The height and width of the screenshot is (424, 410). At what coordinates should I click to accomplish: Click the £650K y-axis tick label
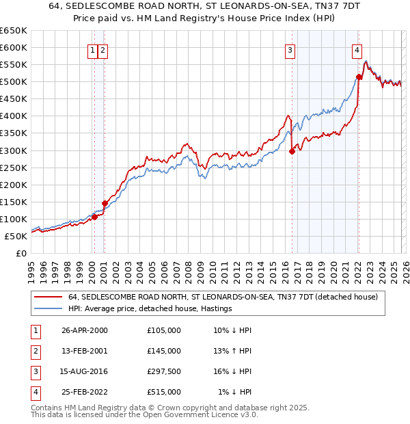[14, 31]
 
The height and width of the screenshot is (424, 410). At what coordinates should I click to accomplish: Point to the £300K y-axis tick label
[14, 150]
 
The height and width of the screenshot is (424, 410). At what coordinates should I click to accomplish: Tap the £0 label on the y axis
[20, 253]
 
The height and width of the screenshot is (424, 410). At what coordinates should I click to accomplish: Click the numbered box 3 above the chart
[290, 49]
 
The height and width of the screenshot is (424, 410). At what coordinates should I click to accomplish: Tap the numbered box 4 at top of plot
[357, 49]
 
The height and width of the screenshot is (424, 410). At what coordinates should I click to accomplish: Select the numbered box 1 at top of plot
[92, 49]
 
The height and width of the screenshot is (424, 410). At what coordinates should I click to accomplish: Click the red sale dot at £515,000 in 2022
[359, 77]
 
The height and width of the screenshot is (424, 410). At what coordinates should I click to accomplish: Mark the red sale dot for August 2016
[292, 152]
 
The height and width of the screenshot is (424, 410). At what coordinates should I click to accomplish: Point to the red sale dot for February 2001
[105, 203]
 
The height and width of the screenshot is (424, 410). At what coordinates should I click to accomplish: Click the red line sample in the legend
[48, 297]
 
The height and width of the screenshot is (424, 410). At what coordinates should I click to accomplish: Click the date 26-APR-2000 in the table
[84, 330]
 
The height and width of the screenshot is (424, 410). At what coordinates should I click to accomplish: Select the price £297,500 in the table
[163, 372]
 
